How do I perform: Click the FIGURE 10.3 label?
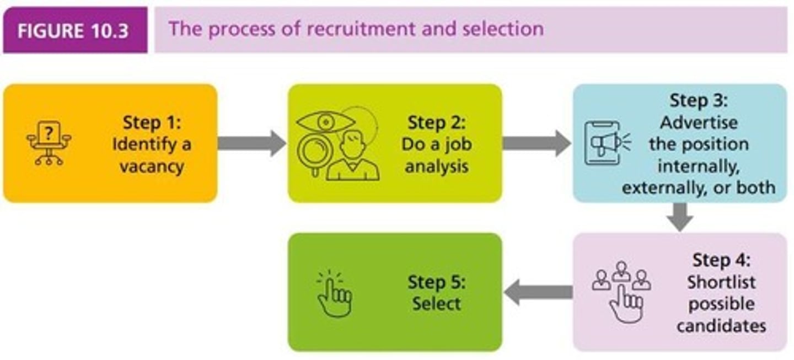tap(73, 30)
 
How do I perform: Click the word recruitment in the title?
tap(346, 29)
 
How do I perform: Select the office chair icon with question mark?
tap(49, 142)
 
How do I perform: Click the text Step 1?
tap(152, 122)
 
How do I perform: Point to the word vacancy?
tap(152, 166)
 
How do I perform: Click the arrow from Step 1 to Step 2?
tap(251, 143)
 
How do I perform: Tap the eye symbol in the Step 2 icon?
tap(325, 121)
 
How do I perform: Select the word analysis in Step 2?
tap(437, 166)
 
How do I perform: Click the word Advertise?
tap(699, 122)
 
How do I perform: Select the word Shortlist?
tap(721, 282)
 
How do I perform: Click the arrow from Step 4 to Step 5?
tap(538, 292)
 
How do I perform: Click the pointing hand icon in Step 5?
tap(334, 294)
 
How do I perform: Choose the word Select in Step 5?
tap(437, 304)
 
